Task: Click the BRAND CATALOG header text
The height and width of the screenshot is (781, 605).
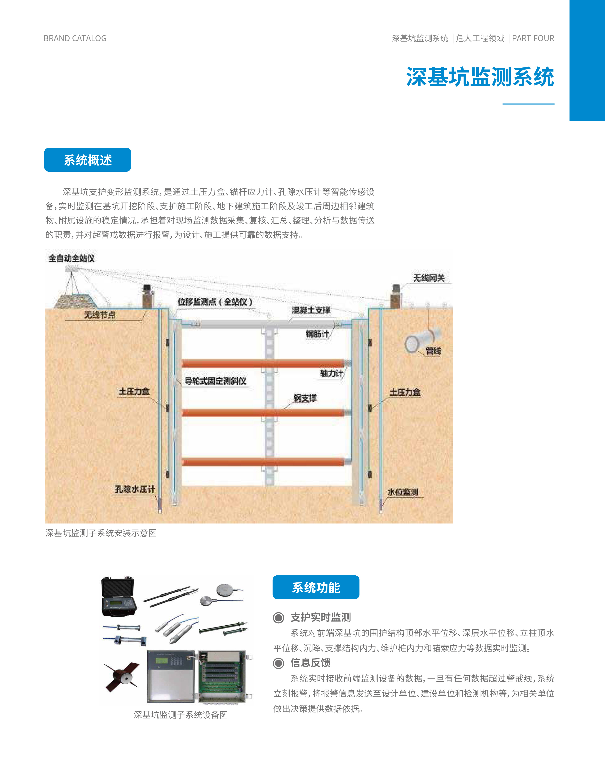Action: pos(75,38)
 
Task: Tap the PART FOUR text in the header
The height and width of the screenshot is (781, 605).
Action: pos(533,38)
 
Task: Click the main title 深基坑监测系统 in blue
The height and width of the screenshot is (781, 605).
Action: pos(480,77)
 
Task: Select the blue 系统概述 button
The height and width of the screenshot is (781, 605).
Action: pos(88,160)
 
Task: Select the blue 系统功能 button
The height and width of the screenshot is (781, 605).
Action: pos(316,587)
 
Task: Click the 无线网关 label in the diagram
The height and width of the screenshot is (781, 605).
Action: pos(429,278)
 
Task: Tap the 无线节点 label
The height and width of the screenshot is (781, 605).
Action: pos(100,315)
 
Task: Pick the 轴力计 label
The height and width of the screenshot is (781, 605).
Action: pos(331,374)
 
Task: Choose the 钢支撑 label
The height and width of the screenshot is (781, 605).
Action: pos(305,398)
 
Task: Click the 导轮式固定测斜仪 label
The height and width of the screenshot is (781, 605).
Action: pos(215,381)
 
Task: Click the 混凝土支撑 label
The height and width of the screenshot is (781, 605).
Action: pos(311,310)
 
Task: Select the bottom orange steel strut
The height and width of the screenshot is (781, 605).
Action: pos(263,462)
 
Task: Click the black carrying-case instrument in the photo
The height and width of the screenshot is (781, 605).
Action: pos(119,597)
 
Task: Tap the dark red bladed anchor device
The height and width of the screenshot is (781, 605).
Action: pos(122,676)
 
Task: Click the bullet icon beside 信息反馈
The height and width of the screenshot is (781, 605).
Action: pos(278,663)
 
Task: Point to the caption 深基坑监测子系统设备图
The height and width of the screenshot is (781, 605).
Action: pos(181,715)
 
